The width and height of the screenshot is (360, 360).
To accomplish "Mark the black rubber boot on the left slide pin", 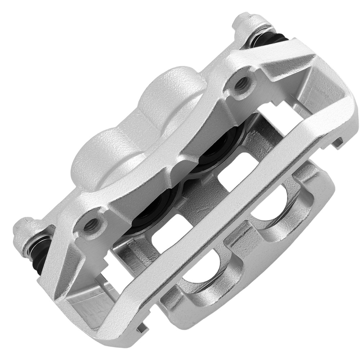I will coord(36,252).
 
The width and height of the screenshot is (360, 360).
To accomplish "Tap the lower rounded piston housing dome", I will coord(97,155).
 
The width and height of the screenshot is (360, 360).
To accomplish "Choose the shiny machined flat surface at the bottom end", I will coord(86,302).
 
